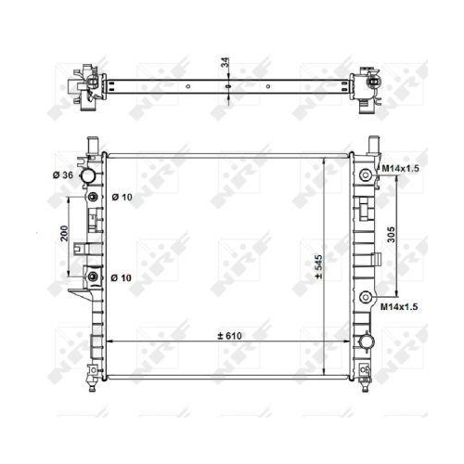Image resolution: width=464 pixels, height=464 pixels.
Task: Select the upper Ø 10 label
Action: pos(122,197)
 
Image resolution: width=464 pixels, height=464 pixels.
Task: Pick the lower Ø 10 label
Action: pos(122,277)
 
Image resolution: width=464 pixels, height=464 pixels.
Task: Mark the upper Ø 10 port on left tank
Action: pos(93,199)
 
